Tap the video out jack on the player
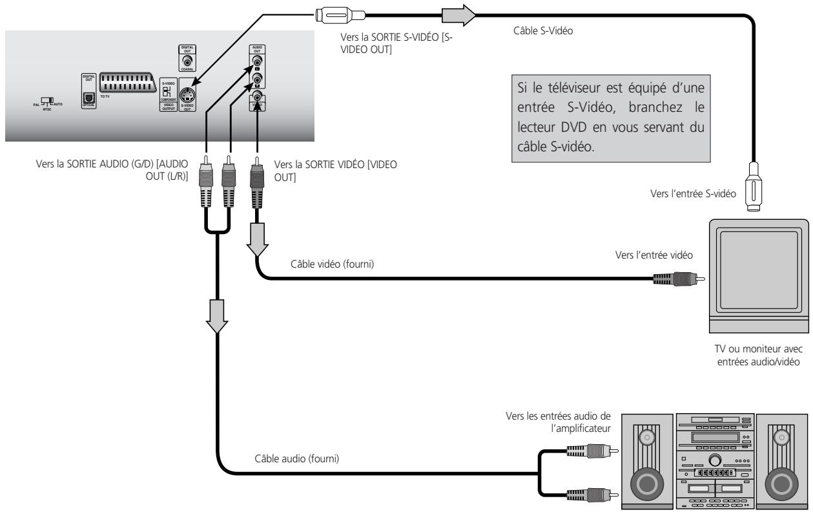(x=258, y=99)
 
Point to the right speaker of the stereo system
(x=783, y=458)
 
